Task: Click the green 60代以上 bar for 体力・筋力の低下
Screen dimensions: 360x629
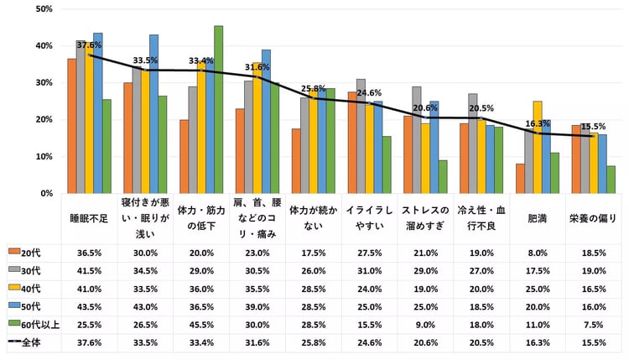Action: click(218, 110)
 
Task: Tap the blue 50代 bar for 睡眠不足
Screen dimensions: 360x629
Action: click(98, 113)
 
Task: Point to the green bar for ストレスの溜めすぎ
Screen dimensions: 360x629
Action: click(442, 177)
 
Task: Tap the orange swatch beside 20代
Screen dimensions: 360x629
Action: click(13, 251)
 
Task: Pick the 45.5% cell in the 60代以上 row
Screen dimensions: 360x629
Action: click(201, 323)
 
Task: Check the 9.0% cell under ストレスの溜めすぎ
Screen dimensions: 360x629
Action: click(425, 323)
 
